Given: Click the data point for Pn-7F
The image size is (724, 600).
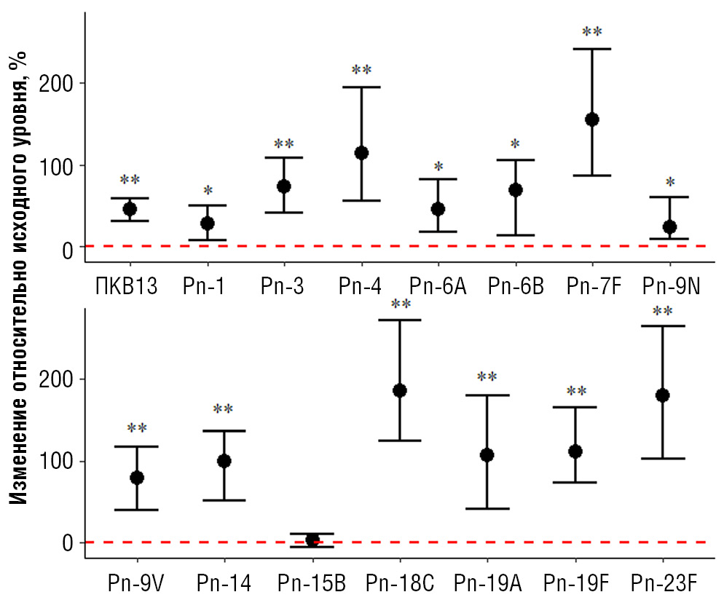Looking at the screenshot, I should (x=592, y=119).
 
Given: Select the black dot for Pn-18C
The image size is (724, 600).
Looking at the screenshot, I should (x=400, y=390).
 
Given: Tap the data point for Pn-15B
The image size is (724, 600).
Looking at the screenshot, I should (x=312, y=540).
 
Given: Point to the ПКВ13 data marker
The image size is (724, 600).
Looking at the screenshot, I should (x=130, y=209).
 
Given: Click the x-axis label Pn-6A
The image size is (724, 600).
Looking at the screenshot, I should (x=438, y=286).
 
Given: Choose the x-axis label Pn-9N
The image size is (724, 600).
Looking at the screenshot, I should (x=671, y=286).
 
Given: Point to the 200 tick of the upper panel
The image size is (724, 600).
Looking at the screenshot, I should (x=67, y=83).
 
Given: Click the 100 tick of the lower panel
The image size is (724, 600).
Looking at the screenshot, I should (x=67, y=462).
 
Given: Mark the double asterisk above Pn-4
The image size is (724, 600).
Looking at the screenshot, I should (x=361, y=71).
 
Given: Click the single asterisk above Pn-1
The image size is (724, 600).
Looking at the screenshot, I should (x=208, y=191).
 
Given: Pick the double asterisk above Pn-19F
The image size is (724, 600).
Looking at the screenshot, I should (x=576, y=392).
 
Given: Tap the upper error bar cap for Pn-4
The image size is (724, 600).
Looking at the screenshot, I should (x=361, y=87).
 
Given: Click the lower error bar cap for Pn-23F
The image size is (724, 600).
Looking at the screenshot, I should (x=663, y=459).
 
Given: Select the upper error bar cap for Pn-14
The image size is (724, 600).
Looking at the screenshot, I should (x=224, y=431).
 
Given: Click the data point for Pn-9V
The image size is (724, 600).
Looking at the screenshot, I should (x=137, y=478).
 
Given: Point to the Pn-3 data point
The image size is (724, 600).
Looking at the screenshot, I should (x=284, y=186).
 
